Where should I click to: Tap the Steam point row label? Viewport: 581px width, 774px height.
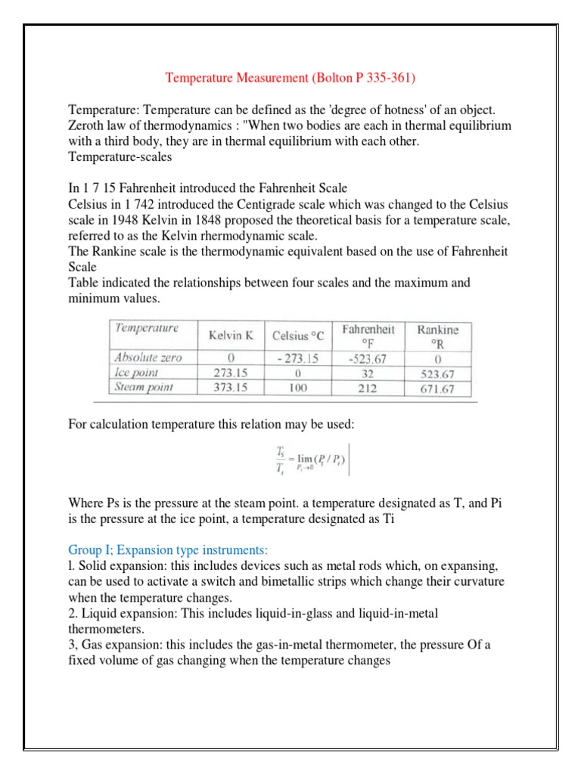[143, 387]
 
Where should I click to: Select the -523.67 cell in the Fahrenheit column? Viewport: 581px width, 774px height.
[368, 359]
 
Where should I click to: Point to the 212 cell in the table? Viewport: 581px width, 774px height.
[368, 388]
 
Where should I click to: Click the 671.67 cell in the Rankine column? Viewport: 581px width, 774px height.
[438, 389]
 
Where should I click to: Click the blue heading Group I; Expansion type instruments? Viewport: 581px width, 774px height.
[173, 549]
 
